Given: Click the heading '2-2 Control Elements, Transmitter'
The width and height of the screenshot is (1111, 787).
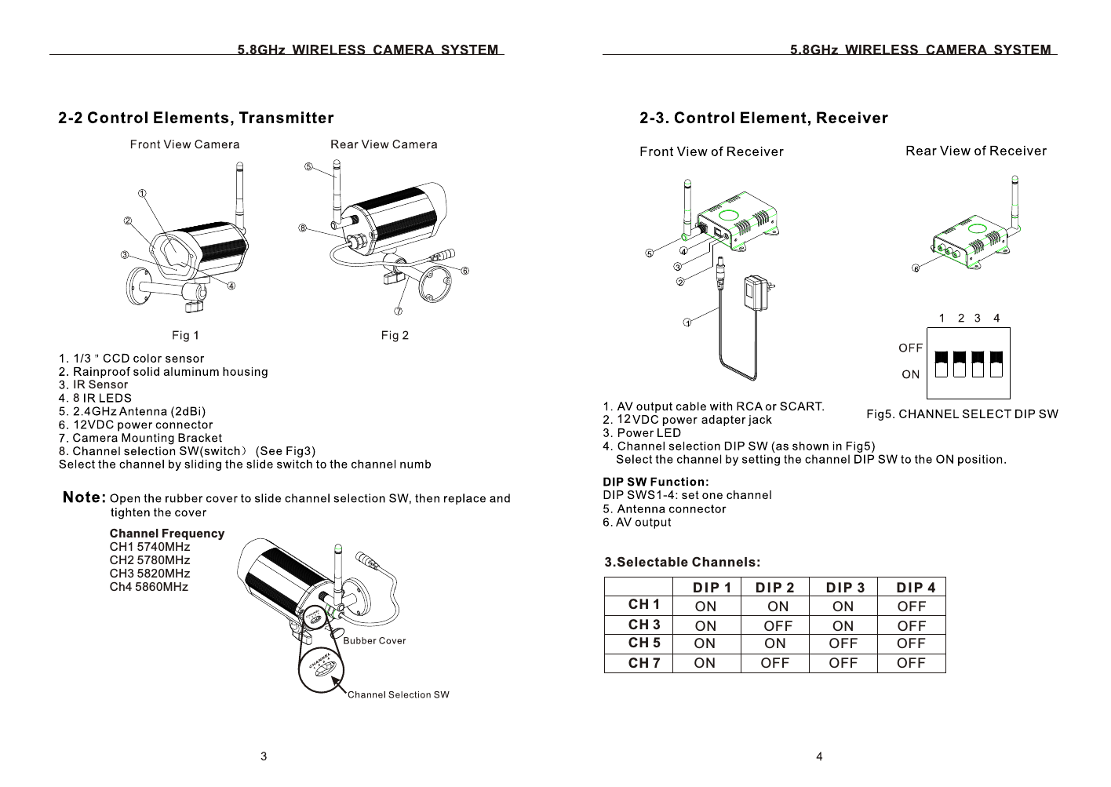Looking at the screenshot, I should [196, 118].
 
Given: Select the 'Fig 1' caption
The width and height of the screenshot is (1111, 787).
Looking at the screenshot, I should [185, 336].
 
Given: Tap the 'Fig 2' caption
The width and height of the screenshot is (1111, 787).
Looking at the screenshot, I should [395, 336].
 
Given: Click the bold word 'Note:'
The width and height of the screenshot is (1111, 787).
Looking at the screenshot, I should [85, 497].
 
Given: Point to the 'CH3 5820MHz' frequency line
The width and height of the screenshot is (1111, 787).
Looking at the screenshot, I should [149, 574].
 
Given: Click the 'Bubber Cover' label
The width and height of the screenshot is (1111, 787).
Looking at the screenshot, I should [375, 641].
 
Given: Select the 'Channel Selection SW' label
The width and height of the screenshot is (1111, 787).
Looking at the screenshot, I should [399, 694].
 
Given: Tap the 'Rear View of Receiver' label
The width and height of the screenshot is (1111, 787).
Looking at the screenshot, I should [975, 151].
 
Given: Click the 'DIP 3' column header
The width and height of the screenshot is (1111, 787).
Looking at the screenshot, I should [845, 588].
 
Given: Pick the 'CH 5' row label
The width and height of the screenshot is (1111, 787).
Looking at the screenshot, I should [644, 643].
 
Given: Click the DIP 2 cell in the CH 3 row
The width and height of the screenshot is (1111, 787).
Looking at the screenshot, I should [778, 625].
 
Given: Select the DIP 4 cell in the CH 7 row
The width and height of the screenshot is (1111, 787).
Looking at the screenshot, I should [911, 663].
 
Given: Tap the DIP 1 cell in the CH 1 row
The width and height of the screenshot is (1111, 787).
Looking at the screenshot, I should [705, 606].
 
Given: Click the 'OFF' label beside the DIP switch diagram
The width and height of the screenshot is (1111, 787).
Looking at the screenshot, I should [910, 348].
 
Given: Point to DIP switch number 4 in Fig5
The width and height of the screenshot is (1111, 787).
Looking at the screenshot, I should [996, 364].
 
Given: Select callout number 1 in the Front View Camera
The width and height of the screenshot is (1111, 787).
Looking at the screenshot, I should [142, 193].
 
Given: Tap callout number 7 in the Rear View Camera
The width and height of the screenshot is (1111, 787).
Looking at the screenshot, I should [398, 312].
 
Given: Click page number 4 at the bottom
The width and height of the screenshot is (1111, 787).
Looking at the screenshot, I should [819, 756].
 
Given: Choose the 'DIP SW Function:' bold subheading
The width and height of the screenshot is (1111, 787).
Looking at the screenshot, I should [656, 482].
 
